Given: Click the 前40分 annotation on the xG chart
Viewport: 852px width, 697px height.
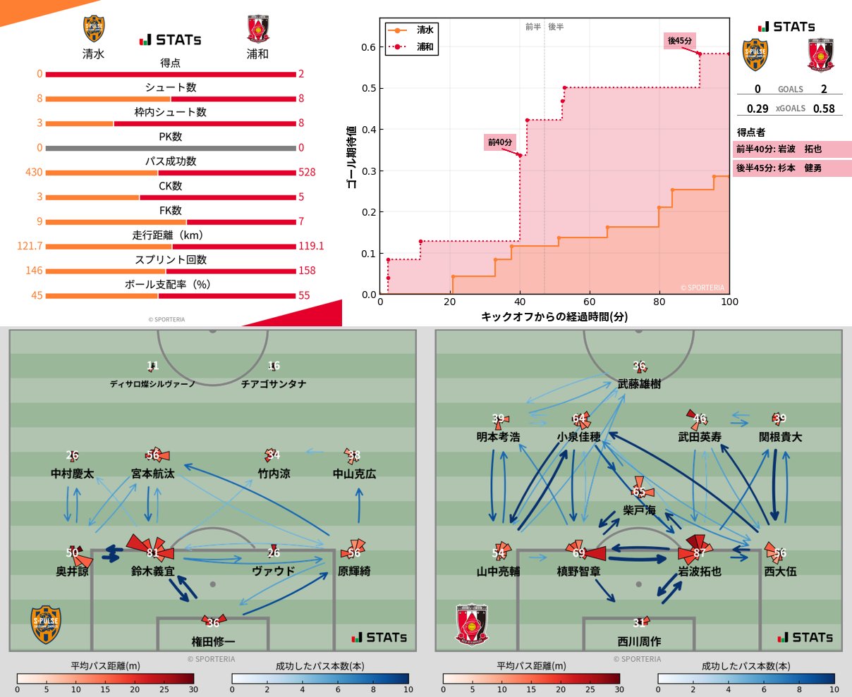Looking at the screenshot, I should click(500, 142).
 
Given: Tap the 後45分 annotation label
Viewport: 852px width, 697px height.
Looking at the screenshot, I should click(680, 41).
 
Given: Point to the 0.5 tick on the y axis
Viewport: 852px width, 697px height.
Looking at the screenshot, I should click(369, 89).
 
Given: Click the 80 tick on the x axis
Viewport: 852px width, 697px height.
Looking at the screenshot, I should click(659, 302).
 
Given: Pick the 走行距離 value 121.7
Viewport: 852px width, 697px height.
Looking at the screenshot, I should click(30, 246).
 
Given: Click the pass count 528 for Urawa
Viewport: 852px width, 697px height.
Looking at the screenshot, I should click(307, 172).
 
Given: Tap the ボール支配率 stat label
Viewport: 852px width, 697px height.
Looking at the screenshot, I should click(170, 285).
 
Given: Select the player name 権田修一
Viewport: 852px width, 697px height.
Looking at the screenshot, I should click(213, 642).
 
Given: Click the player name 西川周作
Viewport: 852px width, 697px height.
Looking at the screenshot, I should click(639, 642).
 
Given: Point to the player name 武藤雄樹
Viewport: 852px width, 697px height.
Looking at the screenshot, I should click(639, 384).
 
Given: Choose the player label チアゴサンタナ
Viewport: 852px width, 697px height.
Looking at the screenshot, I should click(274, 384).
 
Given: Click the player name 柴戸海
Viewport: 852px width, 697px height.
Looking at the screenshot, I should click(639, 510).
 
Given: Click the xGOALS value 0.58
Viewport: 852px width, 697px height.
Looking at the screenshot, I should click(824, 109).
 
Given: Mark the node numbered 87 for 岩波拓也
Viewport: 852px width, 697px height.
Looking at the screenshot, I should click(699, 553).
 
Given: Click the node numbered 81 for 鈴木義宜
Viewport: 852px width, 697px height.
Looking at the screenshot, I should click(152, 553).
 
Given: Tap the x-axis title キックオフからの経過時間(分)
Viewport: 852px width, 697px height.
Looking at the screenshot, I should click(554, 317).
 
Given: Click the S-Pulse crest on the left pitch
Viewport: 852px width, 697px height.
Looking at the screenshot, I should click(47, 624).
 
